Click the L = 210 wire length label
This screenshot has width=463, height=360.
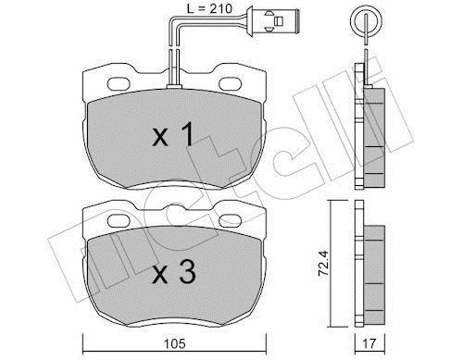coord(209,8)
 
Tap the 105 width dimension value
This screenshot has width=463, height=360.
coord(175,343)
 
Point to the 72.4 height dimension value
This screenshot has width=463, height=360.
coord(323,263)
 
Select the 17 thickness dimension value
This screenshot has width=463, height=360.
coord(369,343)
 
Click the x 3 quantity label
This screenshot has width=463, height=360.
coord(174,272)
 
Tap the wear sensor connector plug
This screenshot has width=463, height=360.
coord(272,21)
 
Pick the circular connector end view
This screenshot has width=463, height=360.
coord(366,22)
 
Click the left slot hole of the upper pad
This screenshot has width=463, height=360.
coord(119,83)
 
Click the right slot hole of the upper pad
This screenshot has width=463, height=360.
coord(231,83)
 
